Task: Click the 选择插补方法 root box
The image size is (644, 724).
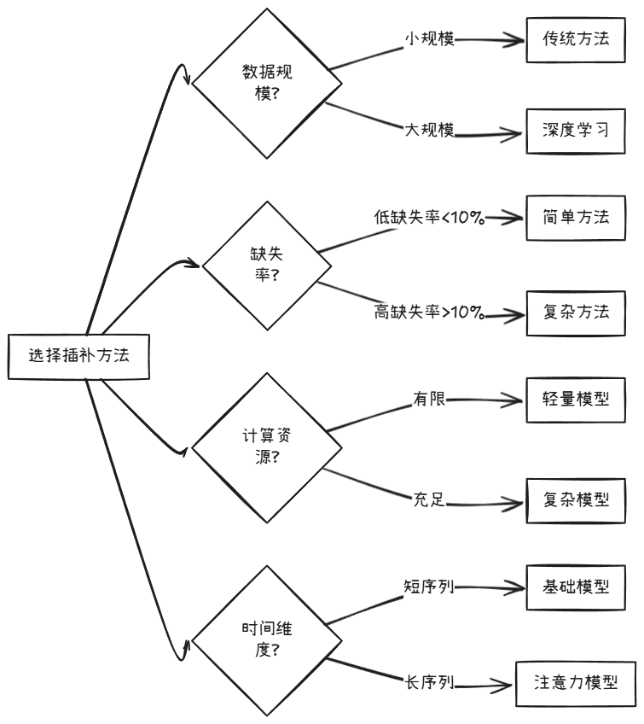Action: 78,357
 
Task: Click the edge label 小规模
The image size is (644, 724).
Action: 428,38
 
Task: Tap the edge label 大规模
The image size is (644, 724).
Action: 428,130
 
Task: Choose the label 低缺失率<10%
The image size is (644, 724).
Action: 429,218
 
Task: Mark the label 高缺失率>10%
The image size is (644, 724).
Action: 429,312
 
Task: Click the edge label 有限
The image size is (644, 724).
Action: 429,399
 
